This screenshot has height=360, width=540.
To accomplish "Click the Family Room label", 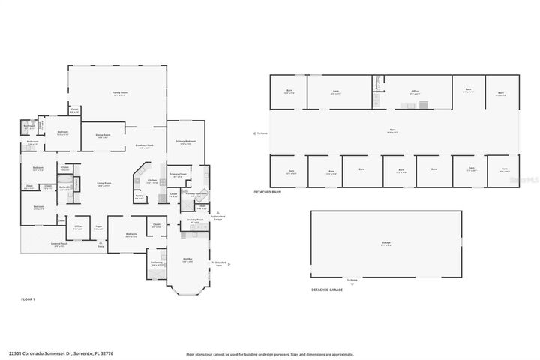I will pos(119,92).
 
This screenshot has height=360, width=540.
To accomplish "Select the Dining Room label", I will pos(103,136).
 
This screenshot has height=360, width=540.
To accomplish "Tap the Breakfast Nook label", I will pos(145,146).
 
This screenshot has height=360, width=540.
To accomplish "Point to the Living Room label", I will pos(103,184).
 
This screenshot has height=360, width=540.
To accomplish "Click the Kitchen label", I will pos(151,181).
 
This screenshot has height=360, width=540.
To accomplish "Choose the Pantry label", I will pos(139,196).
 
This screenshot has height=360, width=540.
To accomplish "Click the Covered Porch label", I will pos(59,244).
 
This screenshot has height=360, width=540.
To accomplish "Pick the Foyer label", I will pos(98,227).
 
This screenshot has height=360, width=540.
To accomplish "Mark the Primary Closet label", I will pos(177,174).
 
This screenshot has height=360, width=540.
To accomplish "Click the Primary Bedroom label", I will pos(185,141).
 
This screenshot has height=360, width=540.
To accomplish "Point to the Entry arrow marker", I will pos(100,243).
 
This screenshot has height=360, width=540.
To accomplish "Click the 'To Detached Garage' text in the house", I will pos(218,217).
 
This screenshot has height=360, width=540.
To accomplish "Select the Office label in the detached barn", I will pos(414,91).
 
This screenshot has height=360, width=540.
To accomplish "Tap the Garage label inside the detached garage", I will pos(385,243).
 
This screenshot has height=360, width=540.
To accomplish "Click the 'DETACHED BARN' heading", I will pos(267,193).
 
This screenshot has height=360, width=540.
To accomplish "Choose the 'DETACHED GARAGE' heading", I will pos(326,289).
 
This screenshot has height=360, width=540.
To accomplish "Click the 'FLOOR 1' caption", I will pos(28,299).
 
